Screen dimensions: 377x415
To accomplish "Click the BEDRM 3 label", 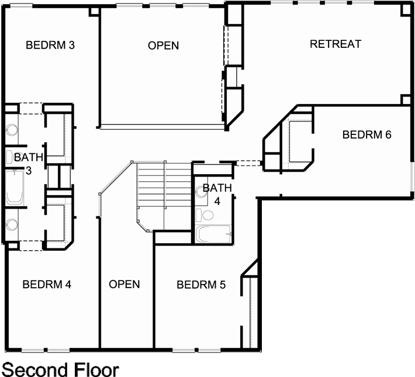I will (x=50, y=44).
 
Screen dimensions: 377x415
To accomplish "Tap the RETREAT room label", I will (x=336, y=44).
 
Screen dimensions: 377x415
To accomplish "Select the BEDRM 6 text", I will (x=366, y=134).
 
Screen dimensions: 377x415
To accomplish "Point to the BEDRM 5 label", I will (x=201, y=285).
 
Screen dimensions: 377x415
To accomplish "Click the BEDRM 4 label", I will (x=47, y=285).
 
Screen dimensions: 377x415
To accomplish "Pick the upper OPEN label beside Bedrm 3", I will (x=163, y=46).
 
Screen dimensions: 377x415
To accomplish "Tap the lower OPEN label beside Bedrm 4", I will (x=124, y=284).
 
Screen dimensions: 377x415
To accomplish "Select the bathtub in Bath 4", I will (x=213, y=235).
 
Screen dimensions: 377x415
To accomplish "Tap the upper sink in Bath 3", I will (x=11, y=130).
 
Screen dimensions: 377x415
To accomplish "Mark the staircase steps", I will (x=164, y=187).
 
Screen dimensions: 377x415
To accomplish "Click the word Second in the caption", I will (x=35, y=369).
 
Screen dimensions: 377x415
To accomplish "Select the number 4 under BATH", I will (x=217, y=200).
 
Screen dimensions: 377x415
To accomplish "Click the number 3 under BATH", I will (x=27, y=170).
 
